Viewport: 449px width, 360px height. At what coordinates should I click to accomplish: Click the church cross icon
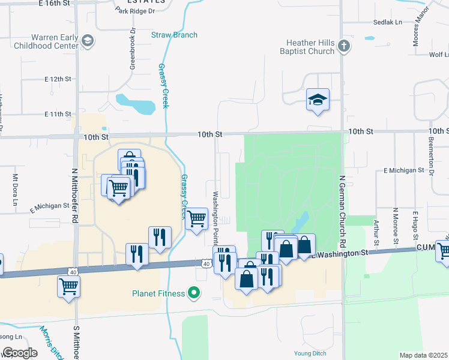(x=343, y=46)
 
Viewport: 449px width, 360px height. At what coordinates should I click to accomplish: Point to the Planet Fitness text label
(x=159, y=293)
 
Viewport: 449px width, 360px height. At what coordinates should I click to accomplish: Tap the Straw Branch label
(x=174, y=35)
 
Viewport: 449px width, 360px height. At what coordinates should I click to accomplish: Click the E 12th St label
(x=58, y=79)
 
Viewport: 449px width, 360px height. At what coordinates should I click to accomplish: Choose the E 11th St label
(x=58, y=114)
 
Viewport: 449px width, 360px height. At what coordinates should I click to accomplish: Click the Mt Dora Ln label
(x=15, y=189)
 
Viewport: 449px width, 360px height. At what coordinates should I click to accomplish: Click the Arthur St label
(x=376, y=232)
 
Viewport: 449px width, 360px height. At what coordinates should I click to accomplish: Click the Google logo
(x=20, y=353)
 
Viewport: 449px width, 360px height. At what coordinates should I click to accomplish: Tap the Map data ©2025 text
(x=423, y=355)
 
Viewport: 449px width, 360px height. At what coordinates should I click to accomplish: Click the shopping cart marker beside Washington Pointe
(x=196, y=220)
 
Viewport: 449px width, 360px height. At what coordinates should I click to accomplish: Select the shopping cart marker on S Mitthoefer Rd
(x=69, y=287)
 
